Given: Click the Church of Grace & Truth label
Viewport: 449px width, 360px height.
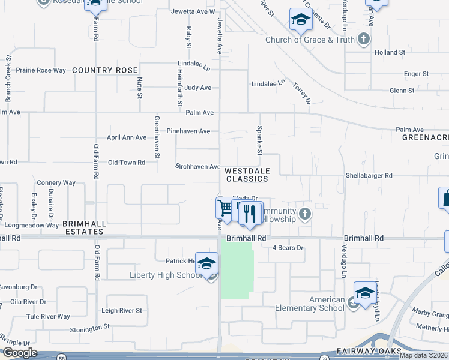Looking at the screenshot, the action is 310,40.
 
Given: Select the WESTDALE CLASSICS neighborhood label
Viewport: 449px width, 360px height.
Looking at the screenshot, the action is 247,175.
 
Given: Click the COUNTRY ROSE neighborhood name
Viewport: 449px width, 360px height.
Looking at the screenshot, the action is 105,70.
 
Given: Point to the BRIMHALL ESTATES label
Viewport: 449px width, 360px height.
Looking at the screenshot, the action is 85,227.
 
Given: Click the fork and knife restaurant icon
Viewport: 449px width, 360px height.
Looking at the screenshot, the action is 250,214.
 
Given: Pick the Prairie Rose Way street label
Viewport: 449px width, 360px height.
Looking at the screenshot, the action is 41,70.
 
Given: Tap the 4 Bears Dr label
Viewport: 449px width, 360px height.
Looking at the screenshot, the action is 289,247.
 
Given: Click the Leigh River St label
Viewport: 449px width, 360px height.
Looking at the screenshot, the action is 122,310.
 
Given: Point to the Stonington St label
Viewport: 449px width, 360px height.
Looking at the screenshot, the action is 89,328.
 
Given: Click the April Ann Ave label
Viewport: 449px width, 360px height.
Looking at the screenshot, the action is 126,137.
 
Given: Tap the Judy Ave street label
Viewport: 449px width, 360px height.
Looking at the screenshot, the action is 198,88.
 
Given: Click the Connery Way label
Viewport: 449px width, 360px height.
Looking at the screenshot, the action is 56,182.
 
